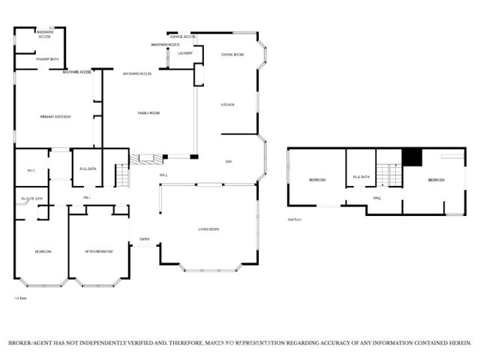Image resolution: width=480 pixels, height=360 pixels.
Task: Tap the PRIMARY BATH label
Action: [x=47, y=58]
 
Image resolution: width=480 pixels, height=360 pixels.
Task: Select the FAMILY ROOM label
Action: [x=149, y=112]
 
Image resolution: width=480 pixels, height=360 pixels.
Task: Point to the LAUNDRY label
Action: [x=185, y=54]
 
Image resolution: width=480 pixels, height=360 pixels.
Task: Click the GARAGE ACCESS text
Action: [x=183, y=36]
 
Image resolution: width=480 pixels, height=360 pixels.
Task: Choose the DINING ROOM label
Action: [x=232, y=55]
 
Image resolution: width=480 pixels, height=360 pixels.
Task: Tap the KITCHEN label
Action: [x=228, y=104]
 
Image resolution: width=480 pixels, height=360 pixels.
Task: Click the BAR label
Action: [x=229, y=161]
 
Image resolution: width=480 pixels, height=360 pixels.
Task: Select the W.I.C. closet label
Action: [x=31, y=169]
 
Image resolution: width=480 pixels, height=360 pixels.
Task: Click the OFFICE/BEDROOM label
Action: [x=99, y=251]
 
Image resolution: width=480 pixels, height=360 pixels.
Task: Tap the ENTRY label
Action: [x=144, y=240]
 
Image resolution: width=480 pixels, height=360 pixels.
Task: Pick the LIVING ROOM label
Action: [x=208, y=229]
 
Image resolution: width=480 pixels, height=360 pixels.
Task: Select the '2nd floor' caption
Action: [x=293, y=220]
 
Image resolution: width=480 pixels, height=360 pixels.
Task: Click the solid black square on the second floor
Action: [x=412, y=157]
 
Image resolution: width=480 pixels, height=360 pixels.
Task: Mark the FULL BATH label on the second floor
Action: [x=361, y=177]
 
